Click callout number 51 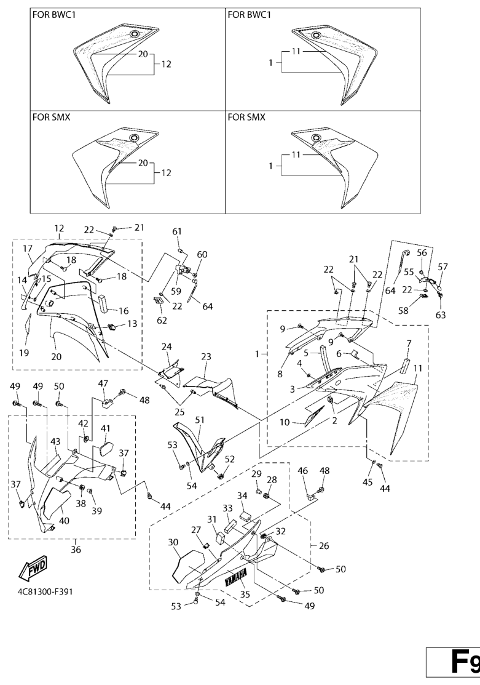(x=200, y=420)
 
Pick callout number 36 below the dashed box (x=76, y=550)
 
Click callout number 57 (x=443, y=266)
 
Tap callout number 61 (x=177, y=231)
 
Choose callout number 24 (x=166, y=347)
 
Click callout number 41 (x=105, y=428)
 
